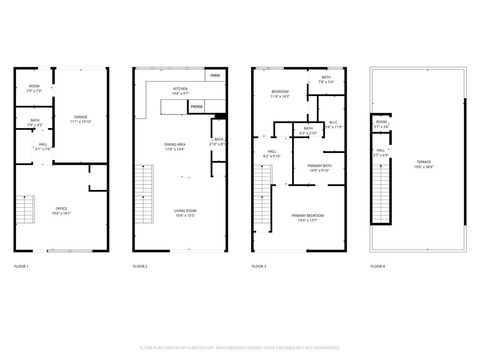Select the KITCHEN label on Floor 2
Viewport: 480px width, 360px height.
(x=181, y=90)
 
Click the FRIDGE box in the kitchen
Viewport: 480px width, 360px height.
(x=197, y=105)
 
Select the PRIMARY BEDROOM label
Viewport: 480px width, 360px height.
(x=308, y=218)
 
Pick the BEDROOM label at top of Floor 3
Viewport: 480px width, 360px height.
(x=280, y=94)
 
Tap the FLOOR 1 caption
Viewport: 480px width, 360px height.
(x=21, y=267)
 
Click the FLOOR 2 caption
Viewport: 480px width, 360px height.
(x=140, y=267)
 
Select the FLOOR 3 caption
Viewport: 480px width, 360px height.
(x=259, y=267)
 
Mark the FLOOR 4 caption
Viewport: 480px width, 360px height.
(x=377, y=267)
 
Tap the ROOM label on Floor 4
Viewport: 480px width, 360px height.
(x=381, y=125)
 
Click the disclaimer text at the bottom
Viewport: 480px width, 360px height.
(x=240, y=345)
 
